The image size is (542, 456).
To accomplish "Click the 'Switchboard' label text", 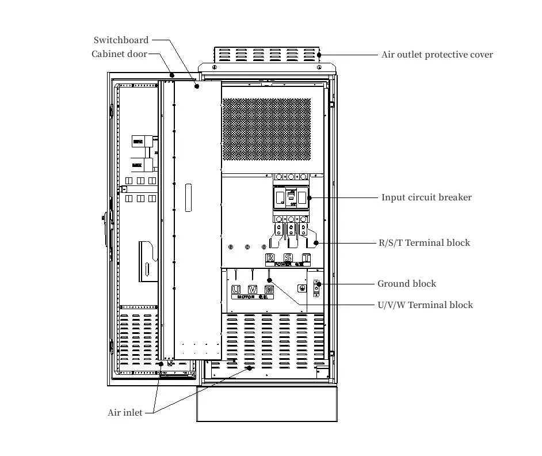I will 121,40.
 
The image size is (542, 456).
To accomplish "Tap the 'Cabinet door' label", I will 119,54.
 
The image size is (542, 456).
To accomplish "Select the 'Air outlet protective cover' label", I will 437,55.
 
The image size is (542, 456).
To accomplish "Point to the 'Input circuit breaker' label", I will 426,197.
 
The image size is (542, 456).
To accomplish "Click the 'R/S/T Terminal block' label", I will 423,243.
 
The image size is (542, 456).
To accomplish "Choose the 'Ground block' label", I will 406,284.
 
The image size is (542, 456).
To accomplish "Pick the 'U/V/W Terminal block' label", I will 425,305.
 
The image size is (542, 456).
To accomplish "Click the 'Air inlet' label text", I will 125,413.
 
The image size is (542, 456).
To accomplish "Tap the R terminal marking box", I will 270,257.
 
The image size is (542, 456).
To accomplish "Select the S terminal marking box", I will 288,257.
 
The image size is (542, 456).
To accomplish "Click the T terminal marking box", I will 306,257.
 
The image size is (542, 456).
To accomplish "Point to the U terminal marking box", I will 236,289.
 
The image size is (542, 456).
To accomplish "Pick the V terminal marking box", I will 252,289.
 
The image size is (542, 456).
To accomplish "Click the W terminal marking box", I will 269,289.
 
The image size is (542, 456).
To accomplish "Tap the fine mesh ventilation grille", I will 266,129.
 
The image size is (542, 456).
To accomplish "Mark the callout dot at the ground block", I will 318,284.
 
